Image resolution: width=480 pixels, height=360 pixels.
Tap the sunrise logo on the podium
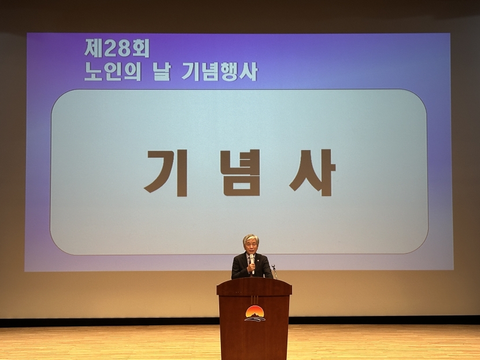pyautogui.click(x=254, y=314)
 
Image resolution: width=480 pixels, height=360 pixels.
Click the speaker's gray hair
pyautogui.click(x=251, y=238)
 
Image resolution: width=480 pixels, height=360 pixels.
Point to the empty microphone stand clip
pyautogui.click(x=274, y=267)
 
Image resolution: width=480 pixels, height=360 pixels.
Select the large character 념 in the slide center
pyautogui.click(x=241, y=173)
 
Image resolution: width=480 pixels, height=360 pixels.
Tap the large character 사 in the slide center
pyautogui.click(x=312, y=172)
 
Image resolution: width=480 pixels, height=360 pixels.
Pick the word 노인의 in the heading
pyautogui.click(x=113, y=72)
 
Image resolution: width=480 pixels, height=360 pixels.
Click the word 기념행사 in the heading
pyautogui.click(x=219, y=72)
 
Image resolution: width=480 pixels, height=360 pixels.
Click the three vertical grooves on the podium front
pyautogui.click(x=254, y=299)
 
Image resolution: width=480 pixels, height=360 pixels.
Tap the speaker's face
pyautogui.click(x=252, y=247)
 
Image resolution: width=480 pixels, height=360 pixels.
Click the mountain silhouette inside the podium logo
pyautogui.click(x=254, y=315)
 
